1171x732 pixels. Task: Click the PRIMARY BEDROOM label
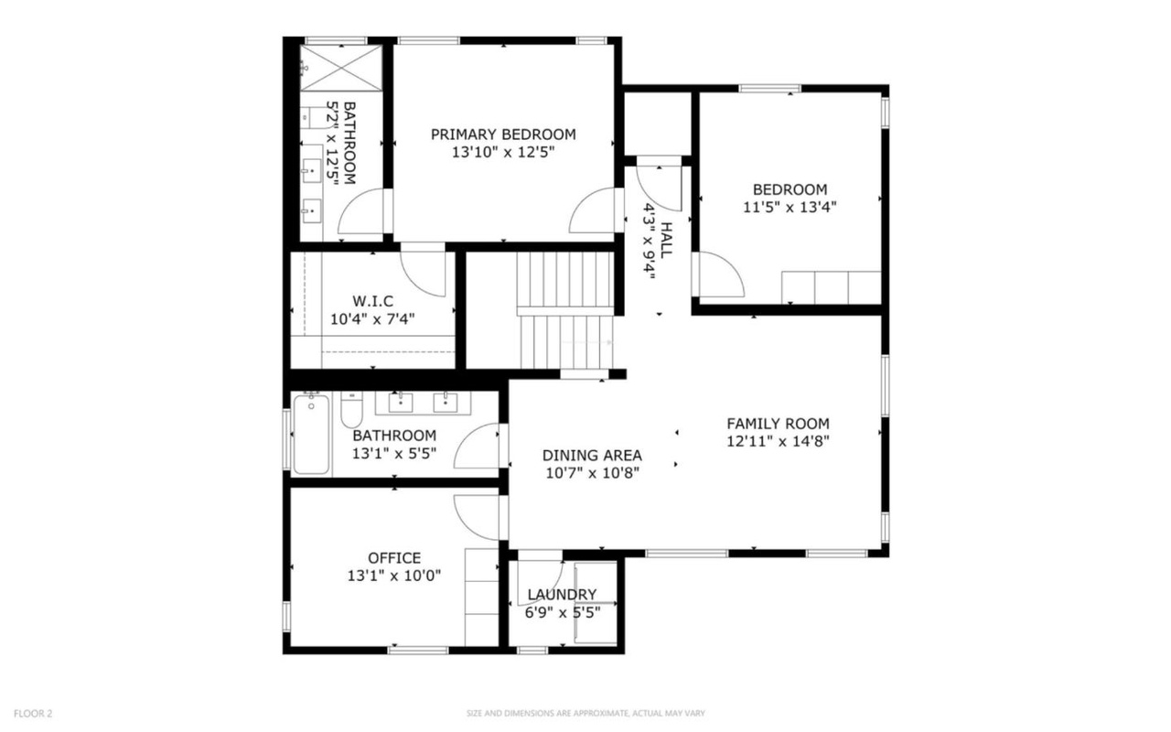pyautogui.click(x=503, y=135)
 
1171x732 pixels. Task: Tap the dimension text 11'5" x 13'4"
pyautogui.click(x=790, y=207)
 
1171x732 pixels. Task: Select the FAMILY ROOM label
pyautogui.click(x=778, y=424)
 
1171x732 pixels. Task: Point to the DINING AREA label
pyautogui.click(x=592, y=456)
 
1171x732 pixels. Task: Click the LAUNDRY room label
pyautogui.click(x=562, y=595)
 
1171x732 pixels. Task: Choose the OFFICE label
pyautogui.click(x=394, y=558)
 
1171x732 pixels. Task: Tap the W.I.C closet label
pyautogui.click(x=372, y=301)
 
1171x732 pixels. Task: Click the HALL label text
pyautogui.click(x=666, y=240)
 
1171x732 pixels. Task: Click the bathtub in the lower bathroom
pyautogui.click(x=311, y=435)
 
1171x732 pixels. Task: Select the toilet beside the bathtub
pyautogui.click(x=351, y=410)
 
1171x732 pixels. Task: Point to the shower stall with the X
pyautogui.click(x=341, y=69)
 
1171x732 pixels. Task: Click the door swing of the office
pyautogui.click(x=477, y=518)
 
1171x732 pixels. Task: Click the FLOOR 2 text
pyautogui.click(x=33, y=713)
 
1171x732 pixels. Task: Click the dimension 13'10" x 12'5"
pyautogui.click(x=503, y=152)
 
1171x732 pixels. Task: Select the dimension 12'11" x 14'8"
pyautogui.click(x=778, y=441)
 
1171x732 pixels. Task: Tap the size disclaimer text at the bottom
pyautogui.click(x=585, y=713)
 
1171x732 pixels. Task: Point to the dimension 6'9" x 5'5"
pyautogui.click(x=563, y=612)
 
